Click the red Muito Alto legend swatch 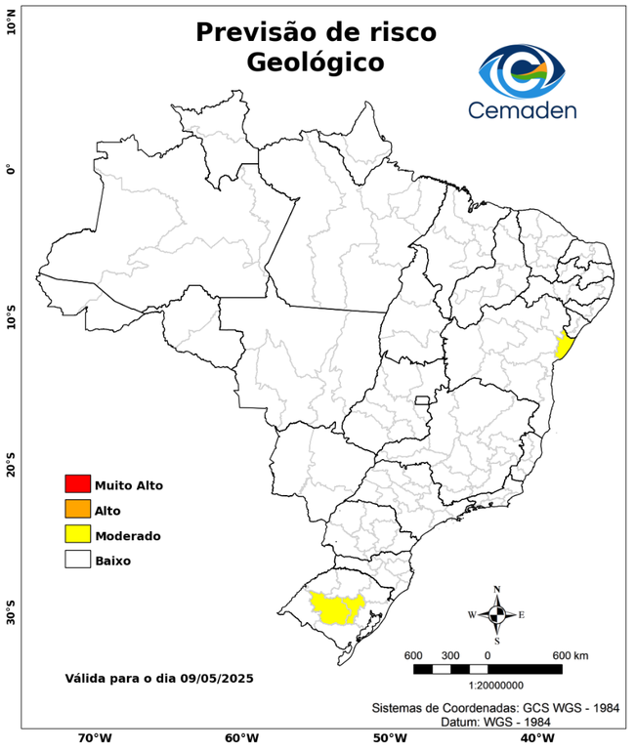click(77, 484)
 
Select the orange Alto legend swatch click(77, 510)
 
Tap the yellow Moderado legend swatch click(77, 535)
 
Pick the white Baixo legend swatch click(77, 561)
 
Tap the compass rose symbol click(496, 614)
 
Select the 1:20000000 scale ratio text click(487, 685)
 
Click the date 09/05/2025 click(216, 677)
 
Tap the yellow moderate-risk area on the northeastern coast click(564, 346)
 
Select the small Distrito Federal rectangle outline click(423, 400)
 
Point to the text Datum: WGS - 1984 click(496, 722)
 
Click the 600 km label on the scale click(570, 654)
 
